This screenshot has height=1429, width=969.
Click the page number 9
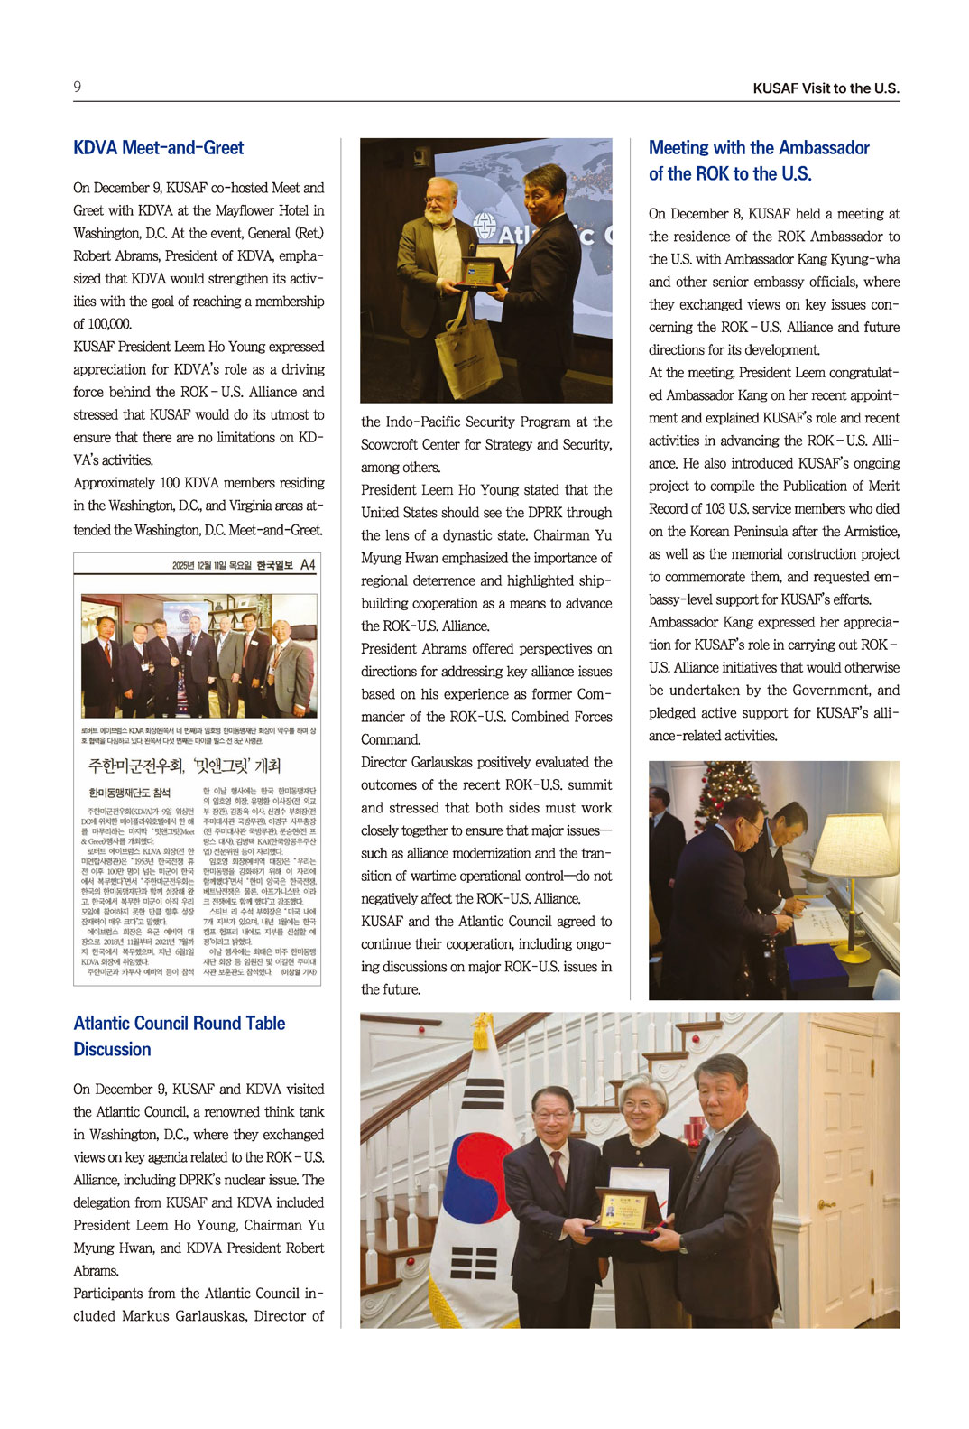tap(78, 87)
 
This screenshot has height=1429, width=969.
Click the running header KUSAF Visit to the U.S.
tap(826, 88)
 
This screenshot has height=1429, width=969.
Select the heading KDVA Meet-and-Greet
tap(158, 148)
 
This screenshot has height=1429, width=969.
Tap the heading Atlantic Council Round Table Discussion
tap(179, 1035)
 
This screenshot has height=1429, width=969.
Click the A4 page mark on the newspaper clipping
tap(308, 565)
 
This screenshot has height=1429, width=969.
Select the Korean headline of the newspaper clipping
tap(184, 766)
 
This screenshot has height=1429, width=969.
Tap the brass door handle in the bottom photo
tap(825, 1204)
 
